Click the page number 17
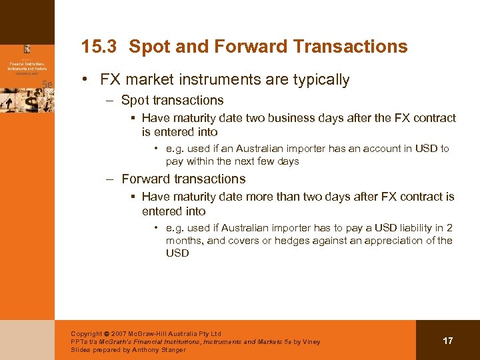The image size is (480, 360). tap(448, 341)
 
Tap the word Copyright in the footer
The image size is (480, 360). tap(87, 333)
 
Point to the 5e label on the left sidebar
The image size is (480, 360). tap(47, 83)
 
